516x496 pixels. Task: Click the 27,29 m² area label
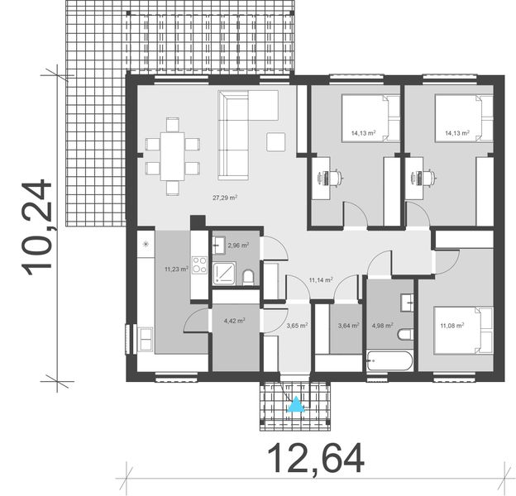pos(225,198)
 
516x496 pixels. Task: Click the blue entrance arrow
pos(295,405)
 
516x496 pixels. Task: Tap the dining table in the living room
pos(173,155)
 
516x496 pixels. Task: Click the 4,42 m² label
pos(235,322)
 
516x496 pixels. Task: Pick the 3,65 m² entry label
pos(297,326)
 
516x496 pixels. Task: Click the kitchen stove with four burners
pos(199,265)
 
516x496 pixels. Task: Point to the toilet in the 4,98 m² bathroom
pos(404,334)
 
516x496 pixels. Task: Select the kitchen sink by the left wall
pos(146,337)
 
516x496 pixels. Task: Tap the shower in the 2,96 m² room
pos(224,274)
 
